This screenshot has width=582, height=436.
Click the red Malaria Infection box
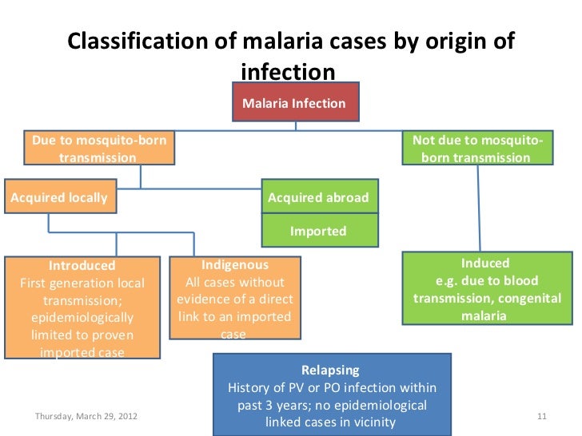point(293,103)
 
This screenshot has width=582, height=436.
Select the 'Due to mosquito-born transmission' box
point(99,149)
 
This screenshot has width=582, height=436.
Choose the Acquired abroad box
point(318,197)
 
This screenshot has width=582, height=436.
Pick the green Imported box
point(318,231)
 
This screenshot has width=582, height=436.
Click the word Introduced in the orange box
point(82,265)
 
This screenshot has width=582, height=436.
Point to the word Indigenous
point(234,264)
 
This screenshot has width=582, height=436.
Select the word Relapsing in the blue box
point(330,371)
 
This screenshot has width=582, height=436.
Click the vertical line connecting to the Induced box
point(480,208)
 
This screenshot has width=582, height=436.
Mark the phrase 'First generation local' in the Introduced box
point(82,283)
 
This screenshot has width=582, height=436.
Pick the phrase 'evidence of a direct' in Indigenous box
point(234,299)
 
